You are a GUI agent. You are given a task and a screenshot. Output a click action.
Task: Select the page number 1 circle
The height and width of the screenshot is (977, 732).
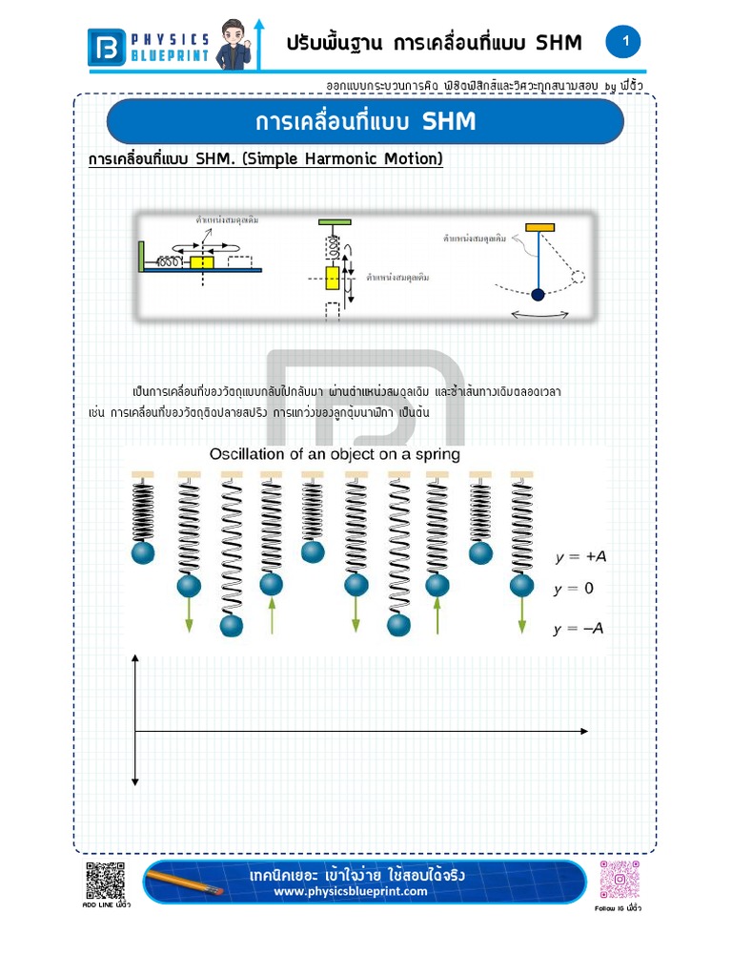point(624,41)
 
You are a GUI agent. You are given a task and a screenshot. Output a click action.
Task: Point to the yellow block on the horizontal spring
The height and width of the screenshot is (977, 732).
point(201,261)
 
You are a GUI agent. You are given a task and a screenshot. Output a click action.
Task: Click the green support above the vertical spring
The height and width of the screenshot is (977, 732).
point(334,222)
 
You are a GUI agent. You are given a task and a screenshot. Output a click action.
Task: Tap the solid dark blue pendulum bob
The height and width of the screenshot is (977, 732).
point(538,295)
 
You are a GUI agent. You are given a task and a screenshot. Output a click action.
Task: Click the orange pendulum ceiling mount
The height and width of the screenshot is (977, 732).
point(540,228)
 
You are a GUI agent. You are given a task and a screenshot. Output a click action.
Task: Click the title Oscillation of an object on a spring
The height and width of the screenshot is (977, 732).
point(335,454)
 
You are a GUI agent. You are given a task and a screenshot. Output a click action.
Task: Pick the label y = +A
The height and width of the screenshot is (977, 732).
point(579,557)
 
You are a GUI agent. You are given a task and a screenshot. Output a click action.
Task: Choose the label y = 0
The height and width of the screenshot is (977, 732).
point(574,589)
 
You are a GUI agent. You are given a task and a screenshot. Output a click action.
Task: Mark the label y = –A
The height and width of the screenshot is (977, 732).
point(579,629)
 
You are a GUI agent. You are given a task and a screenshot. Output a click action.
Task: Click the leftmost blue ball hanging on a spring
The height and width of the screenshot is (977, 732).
point(143,552)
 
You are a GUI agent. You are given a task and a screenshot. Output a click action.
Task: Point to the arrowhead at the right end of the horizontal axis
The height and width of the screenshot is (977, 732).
point(583,731)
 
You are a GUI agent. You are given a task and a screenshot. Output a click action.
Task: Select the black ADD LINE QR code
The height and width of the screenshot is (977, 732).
point(106,881)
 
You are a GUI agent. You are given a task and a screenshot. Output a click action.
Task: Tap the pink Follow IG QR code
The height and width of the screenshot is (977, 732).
point(619,880)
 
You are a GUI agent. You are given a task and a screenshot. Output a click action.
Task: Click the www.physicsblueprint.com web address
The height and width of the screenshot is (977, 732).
point(351,892)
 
